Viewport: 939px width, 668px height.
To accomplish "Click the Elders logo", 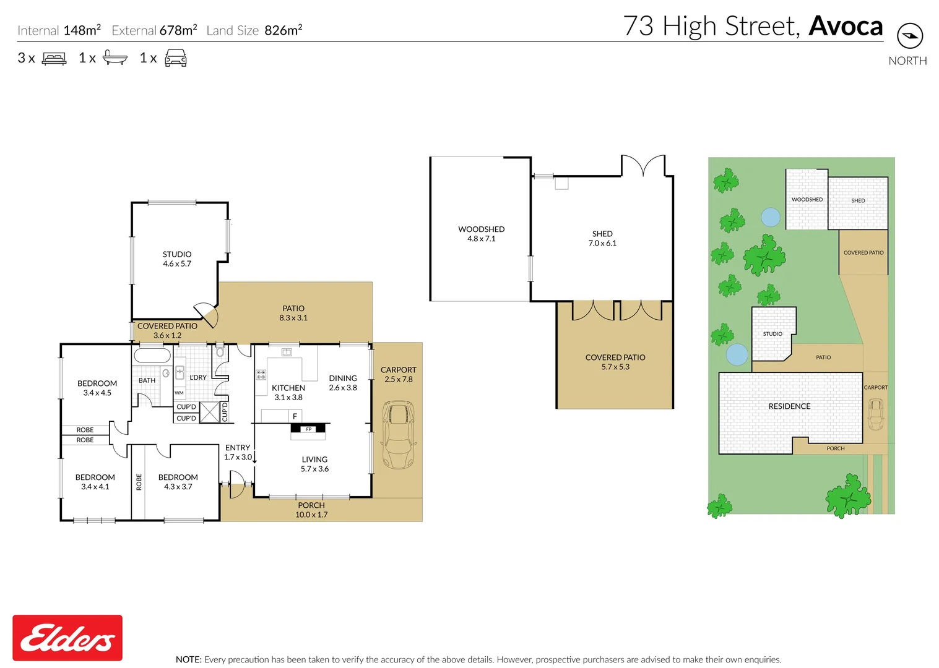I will (x=67, y=638).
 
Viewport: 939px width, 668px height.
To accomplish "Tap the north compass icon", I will (x=909, y=36).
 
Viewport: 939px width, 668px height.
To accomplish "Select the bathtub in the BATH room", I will (x=152, y=356).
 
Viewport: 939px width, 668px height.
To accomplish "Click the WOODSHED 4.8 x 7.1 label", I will (x=481, y=234).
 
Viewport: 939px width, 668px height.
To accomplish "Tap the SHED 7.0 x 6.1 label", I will (x=602, y=238).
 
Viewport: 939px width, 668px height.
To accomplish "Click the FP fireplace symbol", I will (x=308, y=429).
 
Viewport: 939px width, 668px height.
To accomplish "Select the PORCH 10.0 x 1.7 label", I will (x=311, y=510).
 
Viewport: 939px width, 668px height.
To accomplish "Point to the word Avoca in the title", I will (x=846, y=26).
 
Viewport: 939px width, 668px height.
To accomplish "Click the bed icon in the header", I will (x=54, y=59).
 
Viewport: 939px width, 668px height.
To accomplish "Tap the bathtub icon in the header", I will (x=115, y=58).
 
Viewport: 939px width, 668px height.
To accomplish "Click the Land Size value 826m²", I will (x=283, y=30).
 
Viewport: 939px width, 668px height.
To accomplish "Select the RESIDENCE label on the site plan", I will (x=789, y=406).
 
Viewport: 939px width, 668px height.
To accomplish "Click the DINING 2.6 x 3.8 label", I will (x=343, y=383).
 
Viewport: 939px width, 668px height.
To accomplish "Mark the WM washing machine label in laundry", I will (x=179, y=393).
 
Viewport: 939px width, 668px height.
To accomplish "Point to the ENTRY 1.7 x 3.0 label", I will (x=238, y=452).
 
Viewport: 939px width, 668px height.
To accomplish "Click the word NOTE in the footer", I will (x=188, y=659).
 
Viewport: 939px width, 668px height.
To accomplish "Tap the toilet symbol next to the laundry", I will (x=220, y=353).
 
